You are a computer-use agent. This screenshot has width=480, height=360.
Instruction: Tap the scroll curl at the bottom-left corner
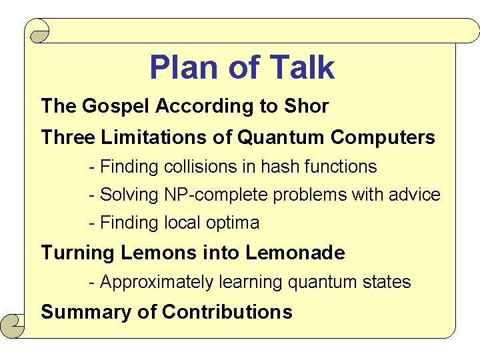(x=12, y=325)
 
